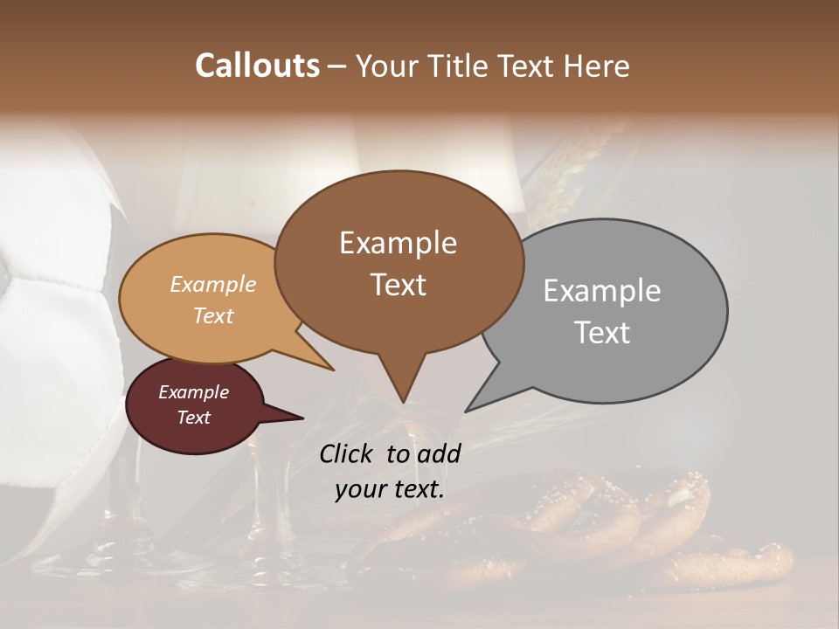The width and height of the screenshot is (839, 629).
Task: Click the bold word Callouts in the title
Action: [x=257, y=66]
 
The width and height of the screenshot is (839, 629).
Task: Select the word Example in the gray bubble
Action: [x=602, y=291]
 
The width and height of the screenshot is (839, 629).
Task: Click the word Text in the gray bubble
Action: [x=602, y=333]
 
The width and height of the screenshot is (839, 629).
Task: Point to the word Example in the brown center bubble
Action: [x=398, y=243]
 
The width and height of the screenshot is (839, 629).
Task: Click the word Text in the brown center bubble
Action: [x=398, y=285]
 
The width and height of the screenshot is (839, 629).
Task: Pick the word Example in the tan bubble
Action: [x=212, y=284]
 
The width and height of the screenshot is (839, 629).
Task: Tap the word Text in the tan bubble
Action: [x=212, y=315]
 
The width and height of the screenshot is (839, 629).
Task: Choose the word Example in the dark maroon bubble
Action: [x=193, y=392]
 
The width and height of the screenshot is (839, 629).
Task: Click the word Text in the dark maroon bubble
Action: [x=193, y=418]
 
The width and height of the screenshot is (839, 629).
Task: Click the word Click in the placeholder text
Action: [x=347, y=453]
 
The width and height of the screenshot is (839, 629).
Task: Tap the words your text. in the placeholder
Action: [x=390, y=489]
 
